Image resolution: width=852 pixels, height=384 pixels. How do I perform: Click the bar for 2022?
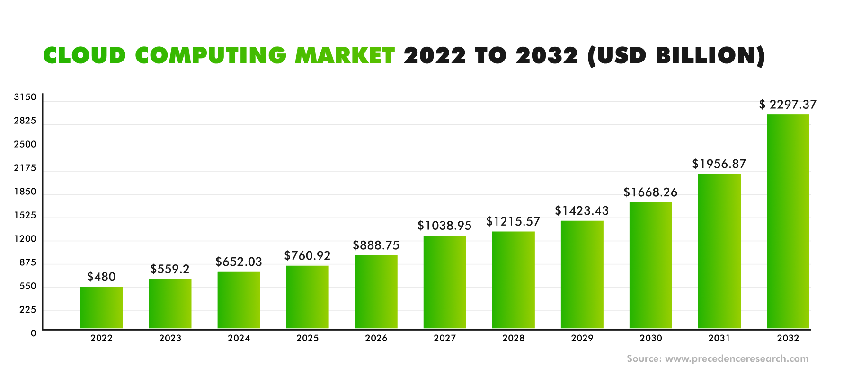101,307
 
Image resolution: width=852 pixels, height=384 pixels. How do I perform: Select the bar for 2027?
444,282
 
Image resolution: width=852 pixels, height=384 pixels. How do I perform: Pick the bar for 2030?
650,265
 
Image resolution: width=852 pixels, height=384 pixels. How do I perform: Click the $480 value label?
101,277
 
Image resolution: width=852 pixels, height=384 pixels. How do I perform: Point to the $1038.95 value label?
444,226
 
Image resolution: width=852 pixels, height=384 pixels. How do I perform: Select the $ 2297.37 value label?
788,105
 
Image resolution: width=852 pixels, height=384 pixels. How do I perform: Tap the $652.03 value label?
239,262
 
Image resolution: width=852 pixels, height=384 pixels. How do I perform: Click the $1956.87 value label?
719,164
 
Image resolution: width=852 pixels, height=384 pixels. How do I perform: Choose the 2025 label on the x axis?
307,338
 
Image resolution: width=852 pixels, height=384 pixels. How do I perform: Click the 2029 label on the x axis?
582,338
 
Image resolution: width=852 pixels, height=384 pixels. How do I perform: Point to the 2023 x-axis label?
170,338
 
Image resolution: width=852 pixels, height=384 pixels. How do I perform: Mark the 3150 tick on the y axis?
25,97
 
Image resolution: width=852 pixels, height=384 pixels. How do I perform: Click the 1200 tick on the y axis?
25,239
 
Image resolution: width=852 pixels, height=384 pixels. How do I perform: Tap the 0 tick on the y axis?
33,333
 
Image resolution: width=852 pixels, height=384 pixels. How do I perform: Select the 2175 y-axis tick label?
25,168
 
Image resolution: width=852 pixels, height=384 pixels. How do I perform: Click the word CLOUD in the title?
85,56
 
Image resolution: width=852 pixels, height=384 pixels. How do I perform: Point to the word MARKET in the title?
345,56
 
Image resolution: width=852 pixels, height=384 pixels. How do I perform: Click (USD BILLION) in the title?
676,56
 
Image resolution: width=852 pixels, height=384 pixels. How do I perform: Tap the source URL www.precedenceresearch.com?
737,358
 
